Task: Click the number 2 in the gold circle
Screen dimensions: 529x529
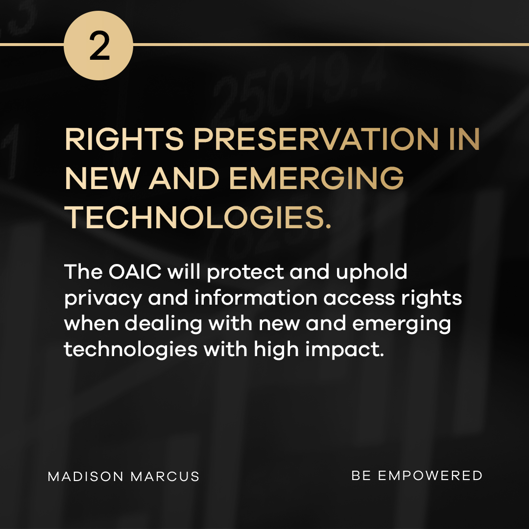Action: click(x=99, y=46)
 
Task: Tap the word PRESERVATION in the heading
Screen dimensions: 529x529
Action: click(x=316, y=139)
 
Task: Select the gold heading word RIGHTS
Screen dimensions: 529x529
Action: click(x=124, y=139)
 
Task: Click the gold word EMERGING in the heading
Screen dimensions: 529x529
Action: click(x=316, y=178)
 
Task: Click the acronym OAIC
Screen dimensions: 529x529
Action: click(x=135, y=272)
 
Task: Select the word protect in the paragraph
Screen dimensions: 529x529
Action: click(x=245, y=273)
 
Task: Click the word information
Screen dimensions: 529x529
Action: click(x=256, y=298)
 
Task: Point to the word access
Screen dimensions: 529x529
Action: click(x=359, y=299)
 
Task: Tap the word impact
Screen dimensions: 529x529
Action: click(x=344, y=350)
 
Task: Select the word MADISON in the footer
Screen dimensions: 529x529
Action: click(x=86, y=477)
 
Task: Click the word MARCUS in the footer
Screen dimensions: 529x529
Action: click(x=165, y=477)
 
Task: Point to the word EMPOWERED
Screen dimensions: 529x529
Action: click(x=430, y=476)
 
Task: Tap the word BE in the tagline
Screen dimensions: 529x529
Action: click(x=361, y=476)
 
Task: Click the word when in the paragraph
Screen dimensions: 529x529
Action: click(x=92, y=323)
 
